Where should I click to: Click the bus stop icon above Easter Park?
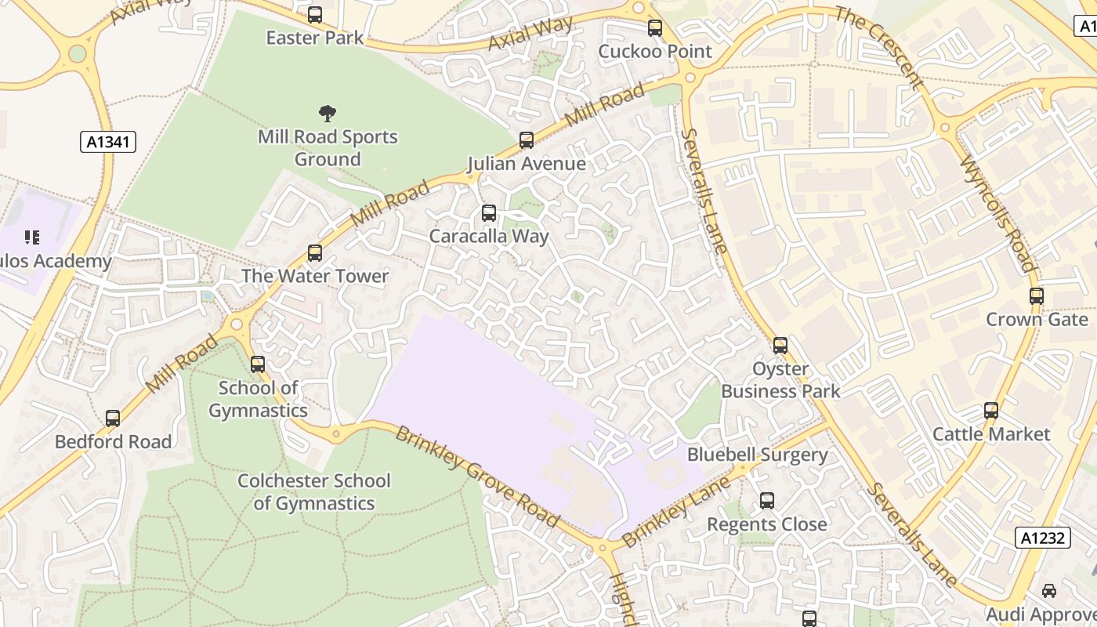[x=315, y=14]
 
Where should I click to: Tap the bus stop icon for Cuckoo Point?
[x=655, y=28]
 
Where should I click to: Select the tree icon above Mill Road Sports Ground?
[x=327, y=114]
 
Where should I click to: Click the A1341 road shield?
[x=108, y=142]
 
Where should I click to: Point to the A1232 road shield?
[x=1043, y=538]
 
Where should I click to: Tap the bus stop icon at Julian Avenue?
[x=527, y=140]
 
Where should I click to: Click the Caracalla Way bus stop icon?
[x=489, y=213]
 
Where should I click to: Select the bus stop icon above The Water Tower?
[x=315, y=253]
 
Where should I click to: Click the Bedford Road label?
[x=113, y=441]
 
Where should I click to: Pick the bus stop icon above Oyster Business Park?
[x=780, y=346]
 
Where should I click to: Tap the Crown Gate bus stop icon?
[x=1037, y=296]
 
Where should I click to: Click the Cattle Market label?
[x=991, y=433]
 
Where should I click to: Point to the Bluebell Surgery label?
[x=757, y=455]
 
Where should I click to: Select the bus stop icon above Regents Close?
[x=767, y=501]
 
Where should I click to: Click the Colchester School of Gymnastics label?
[x=313, y=491]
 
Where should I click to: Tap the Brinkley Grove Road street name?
[x=476, y=476]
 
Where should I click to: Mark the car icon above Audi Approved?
[x=1049, y=591]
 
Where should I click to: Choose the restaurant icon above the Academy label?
[x=32, y=237]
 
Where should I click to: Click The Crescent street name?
[x=879, y=47]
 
